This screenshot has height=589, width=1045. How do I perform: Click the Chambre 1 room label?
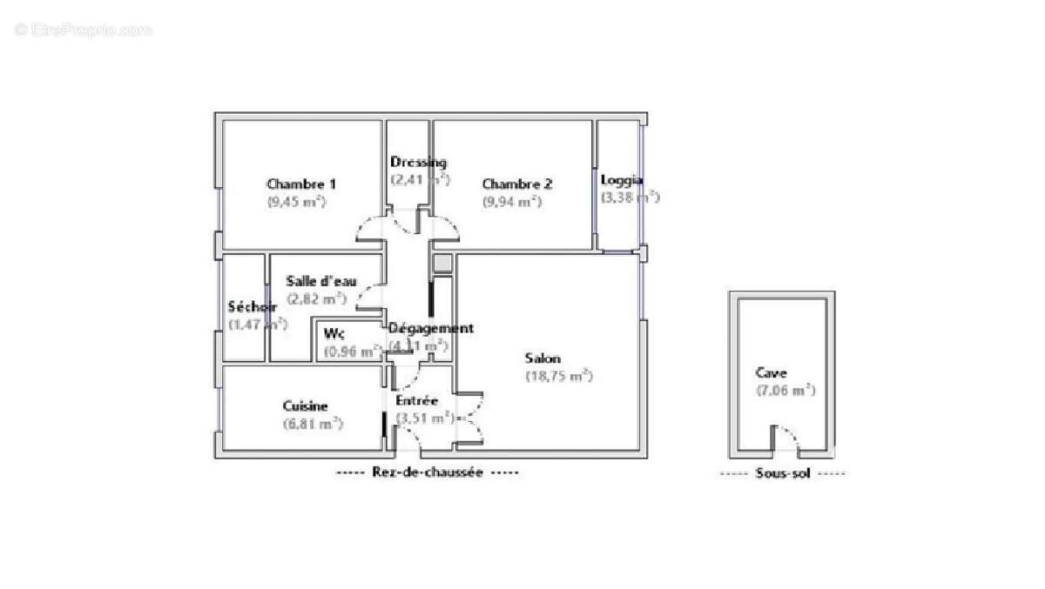(301, 184)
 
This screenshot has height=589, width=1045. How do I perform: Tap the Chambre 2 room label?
(517, 184)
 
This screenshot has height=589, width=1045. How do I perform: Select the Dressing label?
(418, 162)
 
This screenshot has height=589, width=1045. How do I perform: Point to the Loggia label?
(622, 180)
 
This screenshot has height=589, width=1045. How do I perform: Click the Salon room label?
(543, 358)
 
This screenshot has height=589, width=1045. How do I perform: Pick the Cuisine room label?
(305, 405)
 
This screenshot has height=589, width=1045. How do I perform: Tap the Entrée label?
(416, 400)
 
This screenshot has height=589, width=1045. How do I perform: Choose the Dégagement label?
(430, 328)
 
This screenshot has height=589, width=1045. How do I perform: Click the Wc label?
(333, 333)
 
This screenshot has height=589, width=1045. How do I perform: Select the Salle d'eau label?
(320, 280)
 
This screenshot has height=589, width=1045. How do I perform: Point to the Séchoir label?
(252, 306)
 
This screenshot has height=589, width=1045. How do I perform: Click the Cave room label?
(772, 372)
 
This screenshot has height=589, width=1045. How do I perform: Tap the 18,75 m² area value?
(558, 376)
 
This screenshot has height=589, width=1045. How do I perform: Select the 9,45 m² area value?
(296, 201)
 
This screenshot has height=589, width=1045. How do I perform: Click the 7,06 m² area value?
(785, 390)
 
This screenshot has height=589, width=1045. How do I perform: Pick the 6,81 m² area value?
(313, 424)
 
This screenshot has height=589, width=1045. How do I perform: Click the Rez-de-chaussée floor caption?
(427, 472)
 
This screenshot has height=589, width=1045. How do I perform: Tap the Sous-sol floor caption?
(782, 473)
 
